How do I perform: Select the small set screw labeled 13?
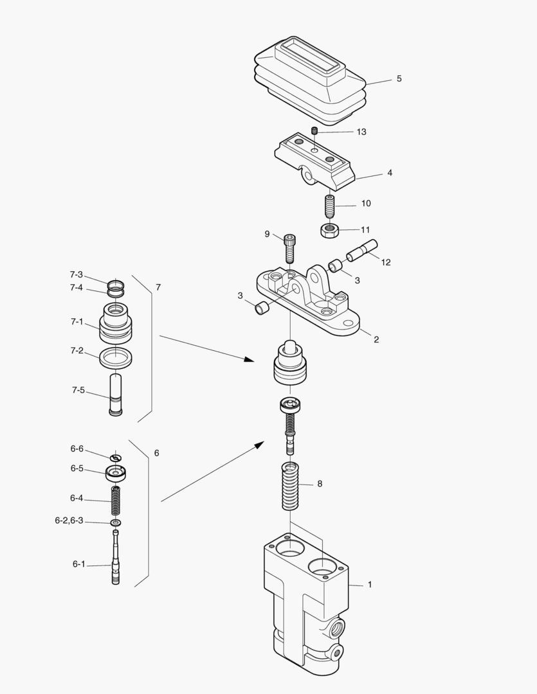pyautogui.click(x=315, y=132)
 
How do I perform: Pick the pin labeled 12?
pyautogui.click(x=363, y=250)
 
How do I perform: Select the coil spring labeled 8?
pyautogui.click(x=291, y=486)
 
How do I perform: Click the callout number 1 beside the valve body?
pyautogui.click(x=370, y=585)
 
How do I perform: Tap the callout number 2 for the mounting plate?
pyautogui.click(x=376, y=339)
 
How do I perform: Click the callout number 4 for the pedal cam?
pyautogui.click(x=390, y=173)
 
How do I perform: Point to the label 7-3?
pyautogui.click(x=77, y=274)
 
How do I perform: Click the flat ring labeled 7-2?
pyautogui.click(x=116, y=357)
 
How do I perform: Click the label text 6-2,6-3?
pyautogui.click(x=69, y=521)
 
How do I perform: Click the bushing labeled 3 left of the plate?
pyautogui.click(x=262, y=310)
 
